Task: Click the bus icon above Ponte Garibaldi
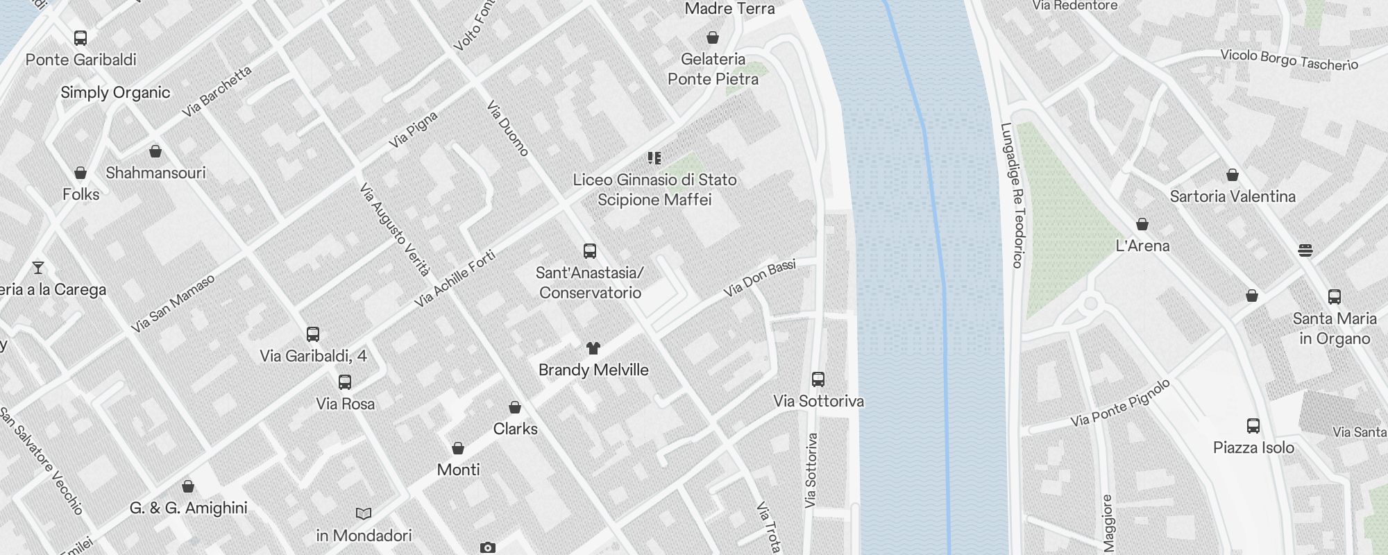[81, 38]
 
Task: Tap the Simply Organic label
[115, 92]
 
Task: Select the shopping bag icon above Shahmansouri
[155, 151]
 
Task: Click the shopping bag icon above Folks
[81, 173]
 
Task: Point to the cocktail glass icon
[38, 267]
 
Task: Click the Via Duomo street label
[508, 128]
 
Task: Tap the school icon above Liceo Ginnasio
[654, 158]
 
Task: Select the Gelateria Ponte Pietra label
[713, 69]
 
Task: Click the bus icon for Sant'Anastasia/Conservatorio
[590, 250]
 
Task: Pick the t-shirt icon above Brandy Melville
[593, 348]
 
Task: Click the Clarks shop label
[515, 429]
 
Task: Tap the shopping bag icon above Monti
[458, 448]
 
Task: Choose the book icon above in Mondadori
[364, 513]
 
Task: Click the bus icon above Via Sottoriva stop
[818, 379]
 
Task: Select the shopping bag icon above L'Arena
[1142, 224]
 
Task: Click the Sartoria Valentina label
[1233, 196]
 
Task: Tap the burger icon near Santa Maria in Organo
[1305, 250]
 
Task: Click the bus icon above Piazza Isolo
[1253, 426]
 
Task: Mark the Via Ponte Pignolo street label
[1120, 403]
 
